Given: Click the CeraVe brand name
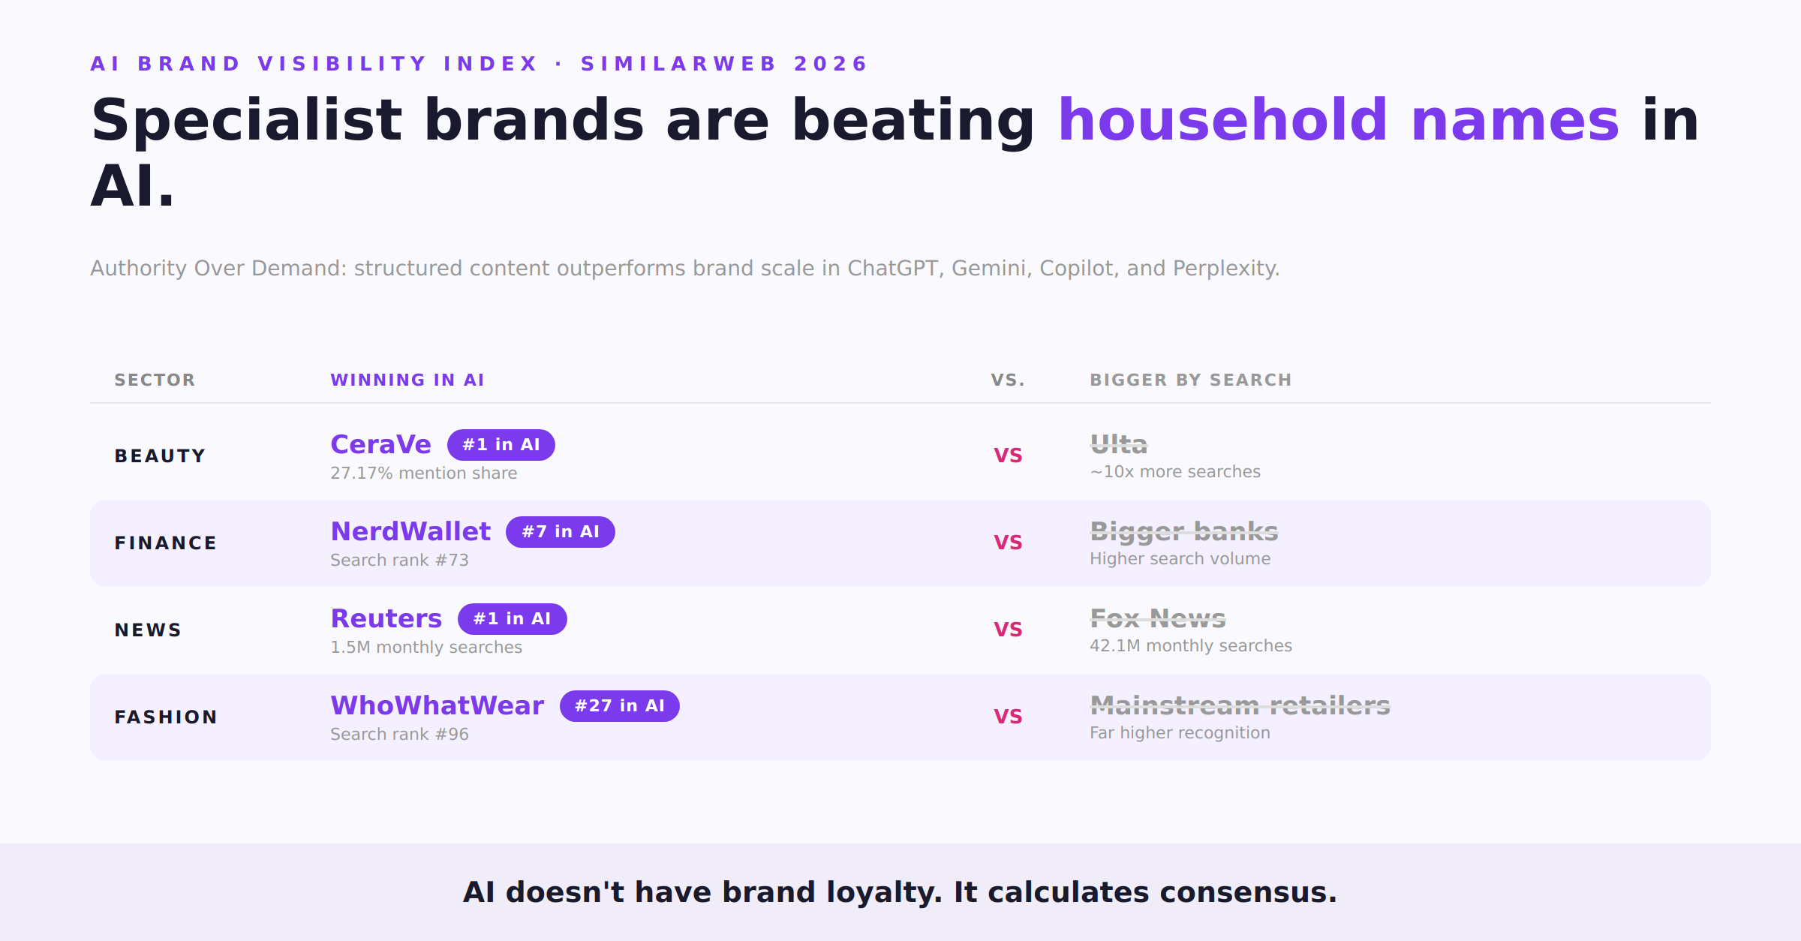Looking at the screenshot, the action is [x=380, y=444].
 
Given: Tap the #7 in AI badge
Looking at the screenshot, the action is [x=561, y=532].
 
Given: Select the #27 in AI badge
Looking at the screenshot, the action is [x=620, y=706].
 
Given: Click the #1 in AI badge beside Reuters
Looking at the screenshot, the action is [x=513, y=619].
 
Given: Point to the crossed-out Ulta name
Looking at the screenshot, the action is [x=1119, y=444].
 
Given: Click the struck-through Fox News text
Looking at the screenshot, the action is [x=1158, y=618].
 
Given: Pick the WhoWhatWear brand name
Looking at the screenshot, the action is [x=437, y=705].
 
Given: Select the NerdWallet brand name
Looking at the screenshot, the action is [x=410, y=531].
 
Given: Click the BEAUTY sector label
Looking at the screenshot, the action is [x=160, y=456].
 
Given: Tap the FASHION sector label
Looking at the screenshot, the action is [x=166, y=717].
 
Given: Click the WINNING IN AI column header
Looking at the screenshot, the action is [x=407, y=380].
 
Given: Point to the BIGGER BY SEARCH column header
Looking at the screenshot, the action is [x=1191, y=380].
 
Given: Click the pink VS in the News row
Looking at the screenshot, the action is [x=1008, y=630].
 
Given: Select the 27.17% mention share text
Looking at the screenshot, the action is [x=424, y=474].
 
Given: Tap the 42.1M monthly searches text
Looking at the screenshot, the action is [x=1191, y=646].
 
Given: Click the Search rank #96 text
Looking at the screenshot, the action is [x=400, y=735].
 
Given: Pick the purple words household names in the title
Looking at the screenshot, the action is [x=1339, y=120].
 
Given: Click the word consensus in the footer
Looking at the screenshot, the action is [x=1248, y=892].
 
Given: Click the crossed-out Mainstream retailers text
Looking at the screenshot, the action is [x=1240, y=705].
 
